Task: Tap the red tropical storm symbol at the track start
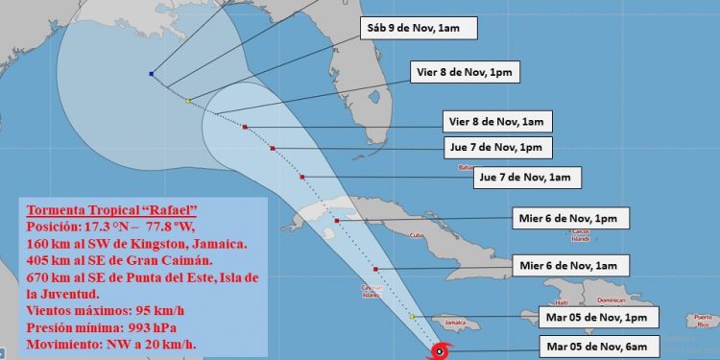[439, 351]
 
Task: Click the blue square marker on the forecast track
[152, 74]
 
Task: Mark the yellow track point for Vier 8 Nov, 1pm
[188, 101]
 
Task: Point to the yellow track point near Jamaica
[411, 316]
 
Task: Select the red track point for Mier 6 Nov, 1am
[375, 269]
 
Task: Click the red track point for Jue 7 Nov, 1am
[302, 178]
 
